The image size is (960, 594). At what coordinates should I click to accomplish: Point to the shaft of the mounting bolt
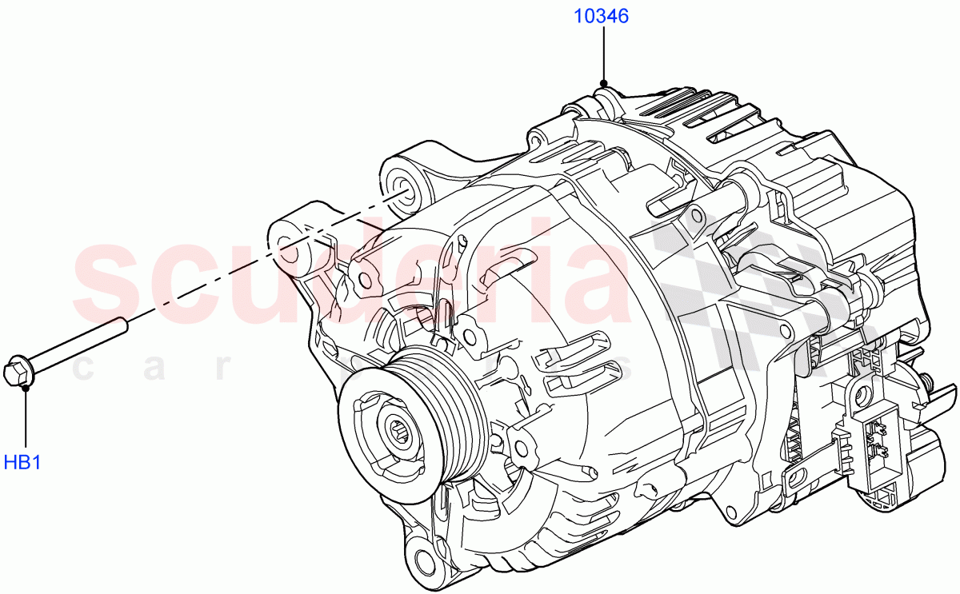pos(80,345)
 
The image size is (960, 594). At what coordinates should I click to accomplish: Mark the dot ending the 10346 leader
pos(603,82)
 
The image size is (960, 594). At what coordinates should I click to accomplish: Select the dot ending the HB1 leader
pos(26,387)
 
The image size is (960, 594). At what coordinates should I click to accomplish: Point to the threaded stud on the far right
pos(926,381)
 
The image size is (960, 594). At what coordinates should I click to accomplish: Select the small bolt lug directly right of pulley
pos(521,447)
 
